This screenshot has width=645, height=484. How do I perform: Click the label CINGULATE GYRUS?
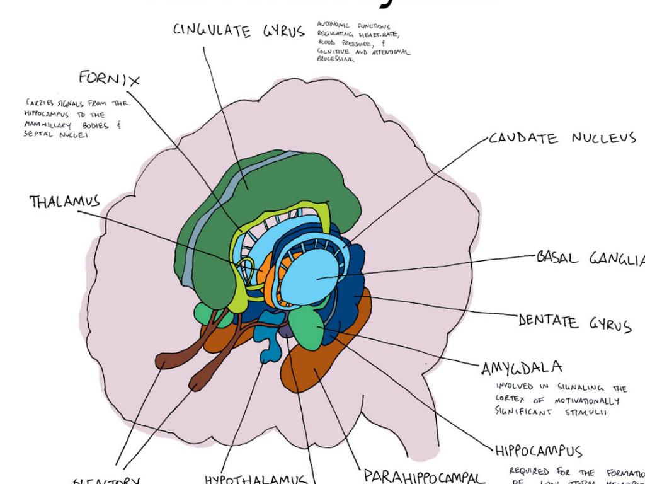pyautogui.click(x=238, y=31)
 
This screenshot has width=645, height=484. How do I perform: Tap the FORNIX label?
pyautogui.click(x=109, y=79)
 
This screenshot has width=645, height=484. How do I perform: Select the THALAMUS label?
pyautogui.click(x=64, y=202)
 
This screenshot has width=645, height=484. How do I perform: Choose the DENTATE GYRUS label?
pyautogui.click(x=574, y=323)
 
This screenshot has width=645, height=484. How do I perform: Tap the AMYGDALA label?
pyautogui.click(x=522, y=367)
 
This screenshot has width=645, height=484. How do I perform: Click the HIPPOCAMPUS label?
pyautogui.click(x=539, y=451)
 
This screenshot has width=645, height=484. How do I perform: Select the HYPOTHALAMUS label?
pyautogui.click(x=255, y=480)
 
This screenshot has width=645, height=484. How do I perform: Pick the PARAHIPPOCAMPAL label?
pyautogui.click(x=424, y=476)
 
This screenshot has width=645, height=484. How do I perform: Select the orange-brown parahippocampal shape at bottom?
pyautogui.click(x=315, y=372)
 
